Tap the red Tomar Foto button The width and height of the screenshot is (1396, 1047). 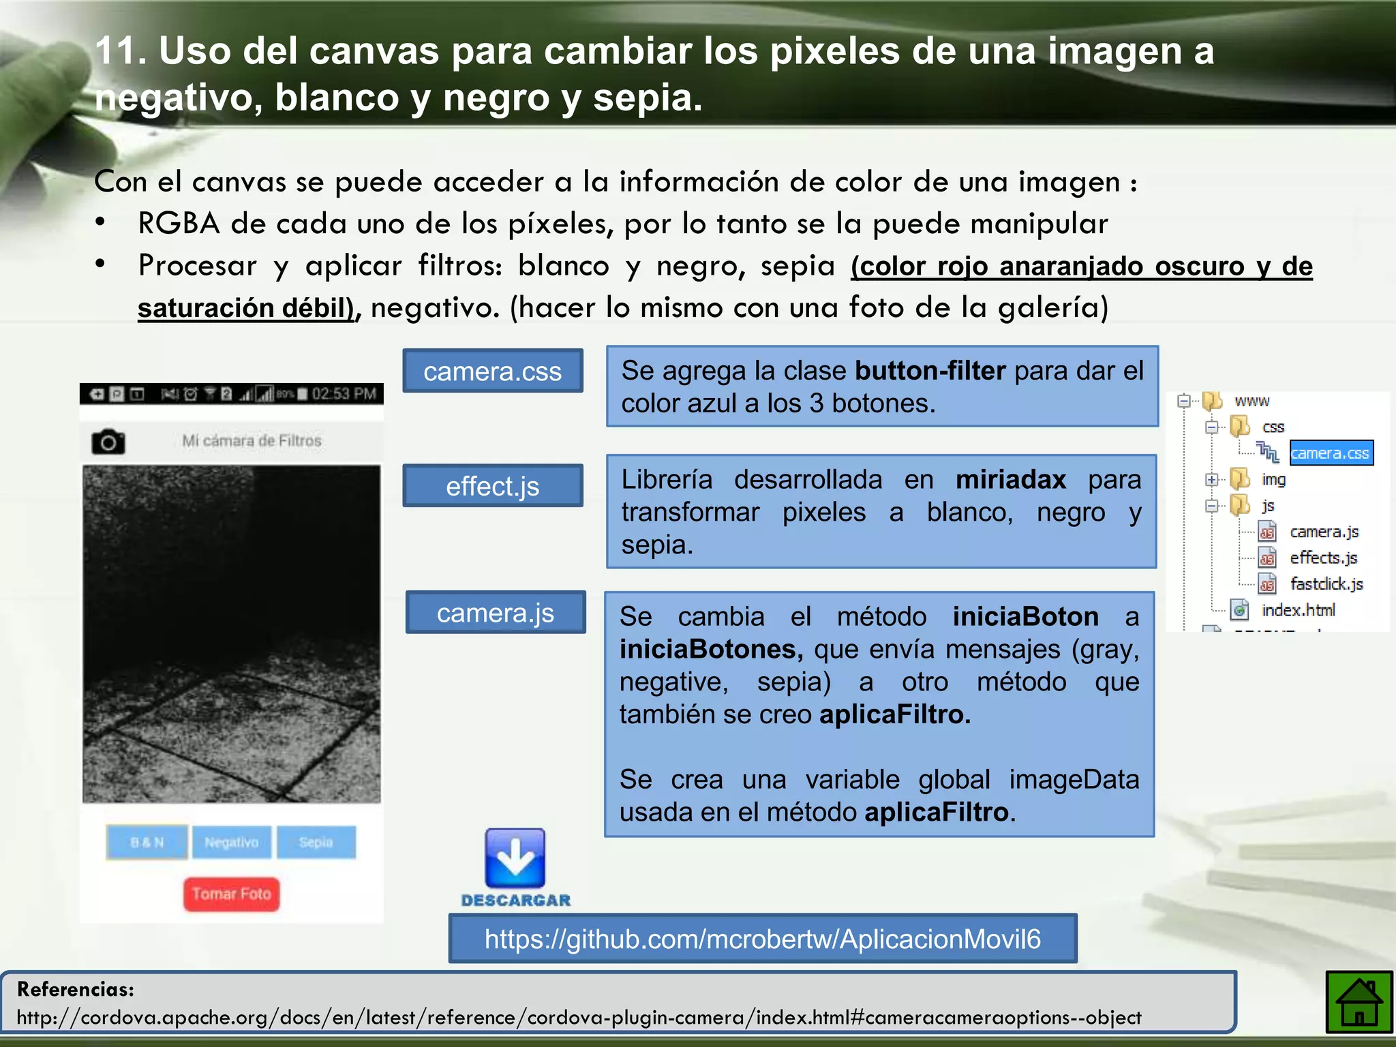(231, 894)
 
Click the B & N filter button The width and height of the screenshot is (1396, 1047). (147, 842)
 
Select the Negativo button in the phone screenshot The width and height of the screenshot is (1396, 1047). (232, 842)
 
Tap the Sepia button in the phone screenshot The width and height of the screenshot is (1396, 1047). (316, 842)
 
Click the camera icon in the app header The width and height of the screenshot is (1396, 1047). (108, 442)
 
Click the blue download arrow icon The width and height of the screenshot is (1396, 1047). (515, 858)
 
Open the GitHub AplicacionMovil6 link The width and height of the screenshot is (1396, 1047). (762, 939)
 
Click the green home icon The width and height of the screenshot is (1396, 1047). (1359, 1003)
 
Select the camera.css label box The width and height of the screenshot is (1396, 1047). (492, 371)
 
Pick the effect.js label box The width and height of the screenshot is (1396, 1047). (492, 486)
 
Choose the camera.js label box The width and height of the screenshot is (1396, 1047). (495, 613)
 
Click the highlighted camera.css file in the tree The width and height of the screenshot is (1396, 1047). (1330, 453)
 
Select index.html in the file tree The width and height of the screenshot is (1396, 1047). (1298, 610)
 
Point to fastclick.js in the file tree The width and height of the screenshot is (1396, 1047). (1326, 584)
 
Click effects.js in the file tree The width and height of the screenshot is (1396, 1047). (1323, 558)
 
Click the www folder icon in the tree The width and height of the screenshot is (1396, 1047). (1213, 401)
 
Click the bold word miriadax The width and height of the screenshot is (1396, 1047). (1010, 480)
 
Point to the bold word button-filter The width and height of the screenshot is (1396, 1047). (930, 371)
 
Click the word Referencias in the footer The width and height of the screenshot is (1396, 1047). (76, 989)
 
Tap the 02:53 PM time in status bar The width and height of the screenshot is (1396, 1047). (344, 394)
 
